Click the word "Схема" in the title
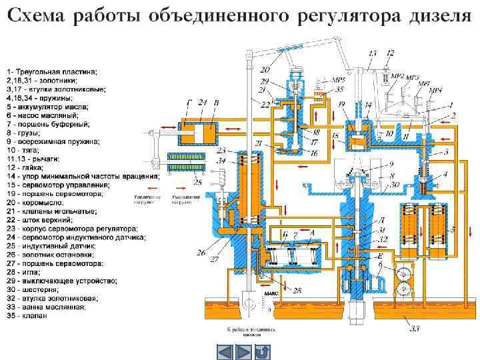(36, 15)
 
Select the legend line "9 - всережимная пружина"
(53, 141)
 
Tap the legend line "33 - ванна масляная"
(46, 307)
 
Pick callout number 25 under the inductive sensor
(177, 181)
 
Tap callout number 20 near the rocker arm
(265, 69)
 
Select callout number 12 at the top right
(391, 53)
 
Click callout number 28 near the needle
(297, 291)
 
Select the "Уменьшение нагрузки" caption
(185, 199)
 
